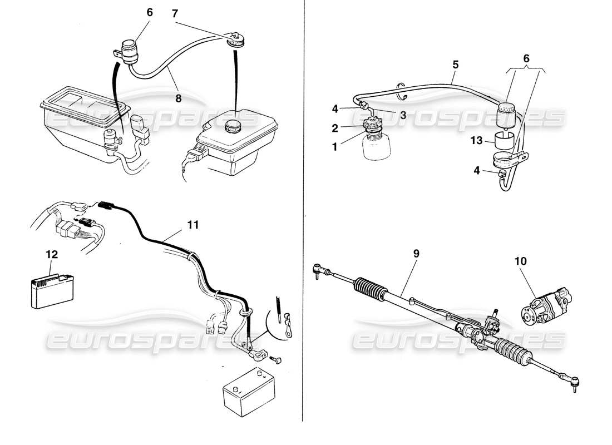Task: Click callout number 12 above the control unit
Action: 51,254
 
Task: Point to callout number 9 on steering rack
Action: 416,253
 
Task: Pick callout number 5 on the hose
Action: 455,65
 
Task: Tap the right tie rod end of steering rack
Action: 575,381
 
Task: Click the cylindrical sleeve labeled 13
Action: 505,142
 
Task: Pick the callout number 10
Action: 524,260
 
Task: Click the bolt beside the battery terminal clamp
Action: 279,359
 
